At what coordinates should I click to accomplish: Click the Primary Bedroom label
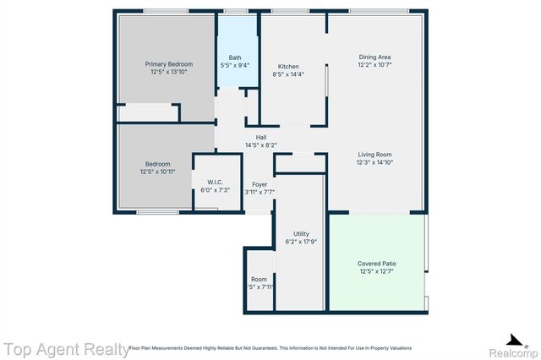(x=168, y=64)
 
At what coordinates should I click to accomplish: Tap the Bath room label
(x=234, y=57)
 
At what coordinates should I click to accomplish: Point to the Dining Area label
(x=374, y=57)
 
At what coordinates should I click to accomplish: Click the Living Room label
(x=374, y=154)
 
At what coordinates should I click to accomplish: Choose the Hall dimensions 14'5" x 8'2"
(x=261, y=145)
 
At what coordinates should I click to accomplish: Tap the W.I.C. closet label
(x=215, y=182)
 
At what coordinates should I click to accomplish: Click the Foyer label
(x=260, y=184)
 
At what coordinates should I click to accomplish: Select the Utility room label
(x=301, y=233)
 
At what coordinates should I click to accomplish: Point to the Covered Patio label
(x=377, y=264)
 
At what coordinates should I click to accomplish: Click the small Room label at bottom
(x=259, y=280)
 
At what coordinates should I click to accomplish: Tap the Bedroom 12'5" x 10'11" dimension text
(x=157, y=172)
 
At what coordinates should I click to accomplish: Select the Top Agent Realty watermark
(x=63, y=348)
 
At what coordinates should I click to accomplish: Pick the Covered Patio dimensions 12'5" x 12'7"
(x=377, y=271)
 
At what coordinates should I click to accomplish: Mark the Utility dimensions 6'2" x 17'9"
(x=301, y=242)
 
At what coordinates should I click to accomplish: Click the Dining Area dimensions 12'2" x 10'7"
(x=374, y=65)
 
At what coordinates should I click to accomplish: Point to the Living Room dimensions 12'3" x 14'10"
(x=374, y=162)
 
